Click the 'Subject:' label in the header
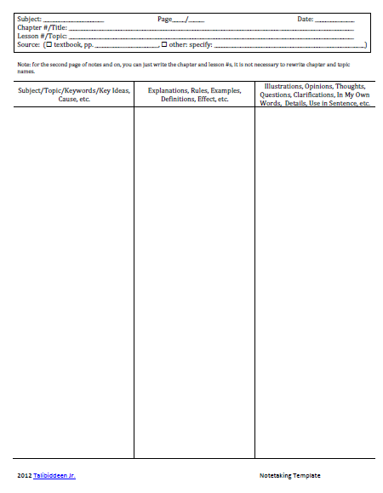29,19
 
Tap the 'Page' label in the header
165,19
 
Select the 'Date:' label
306,19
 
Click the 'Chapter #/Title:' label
42,27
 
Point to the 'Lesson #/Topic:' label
42,36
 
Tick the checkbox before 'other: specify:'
164,44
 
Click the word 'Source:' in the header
30,44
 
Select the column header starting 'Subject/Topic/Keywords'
73,95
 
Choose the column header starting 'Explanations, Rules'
194,95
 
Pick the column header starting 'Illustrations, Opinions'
315,95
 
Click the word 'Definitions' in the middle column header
178,99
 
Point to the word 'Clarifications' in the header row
313,95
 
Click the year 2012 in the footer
26,475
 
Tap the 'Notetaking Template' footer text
290,475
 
